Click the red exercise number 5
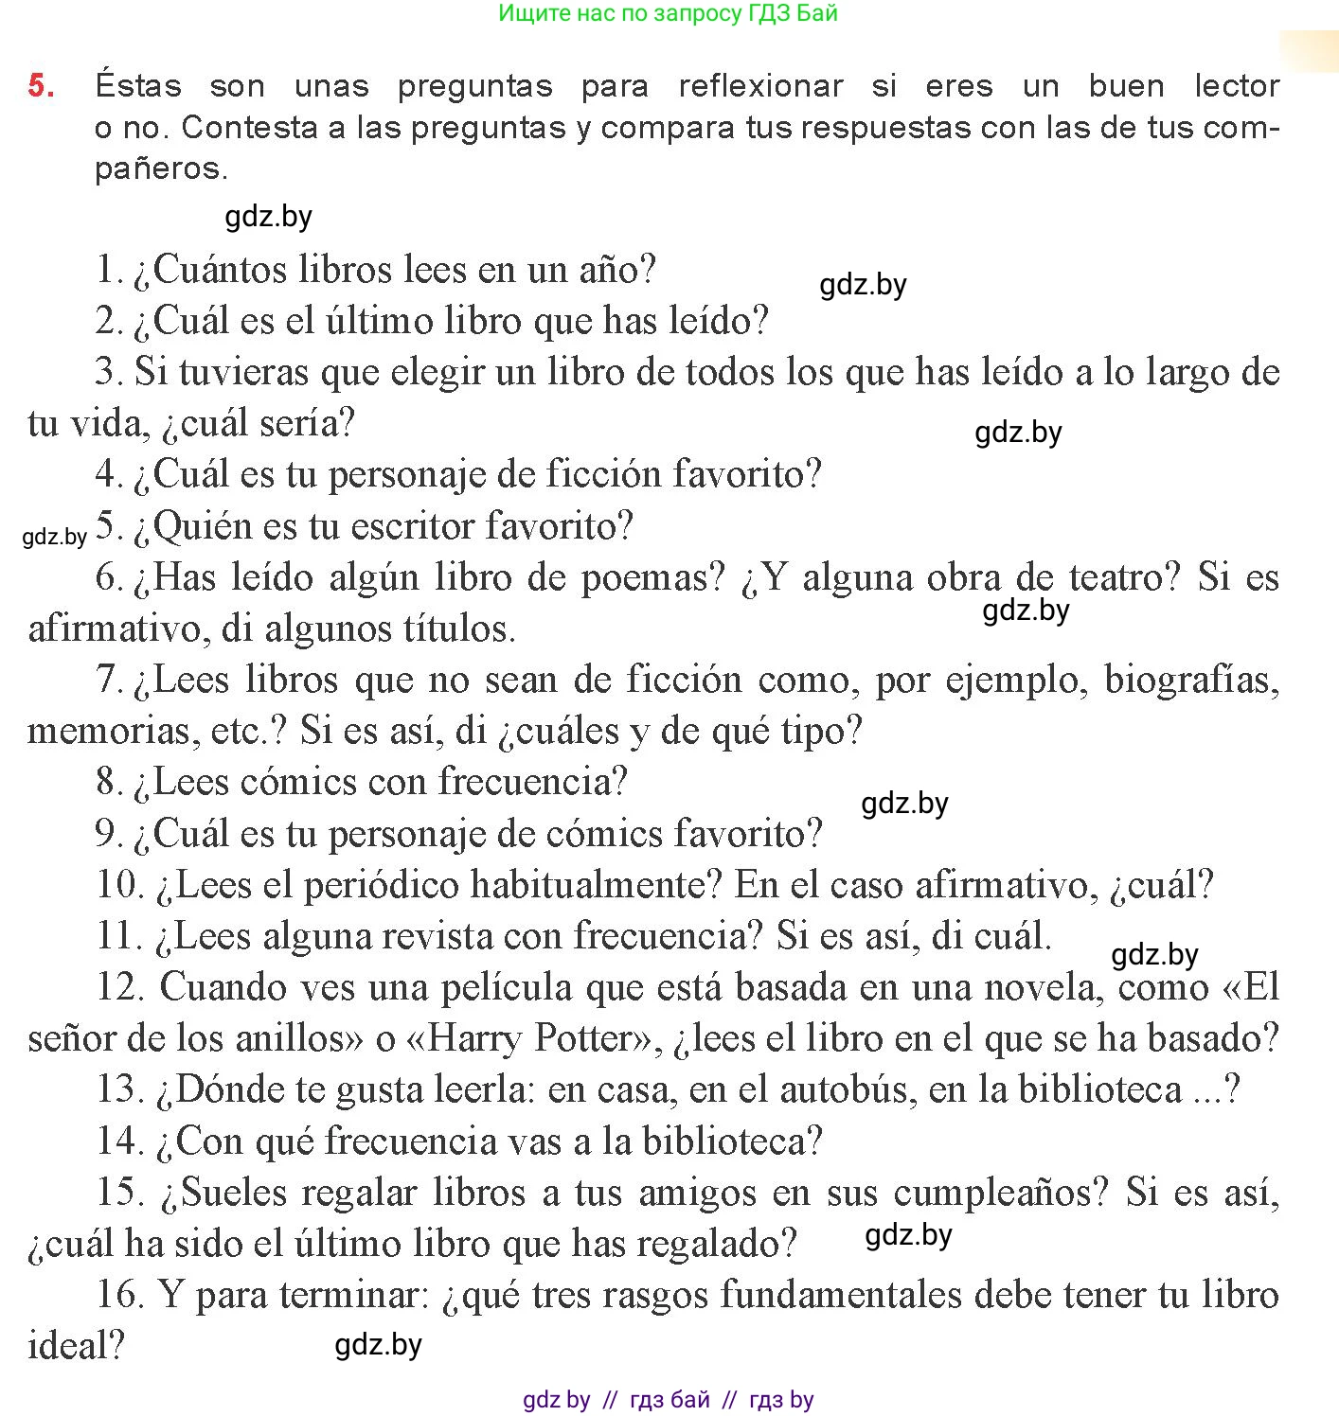click(x=41, y=85)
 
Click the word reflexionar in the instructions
click(x=760, y=86)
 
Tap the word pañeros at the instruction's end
click(x=161, y=168)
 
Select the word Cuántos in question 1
click(x=220, y=270)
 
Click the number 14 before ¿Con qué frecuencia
click(x=119, y=1141)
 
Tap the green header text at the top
click(x=668, y=13)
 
